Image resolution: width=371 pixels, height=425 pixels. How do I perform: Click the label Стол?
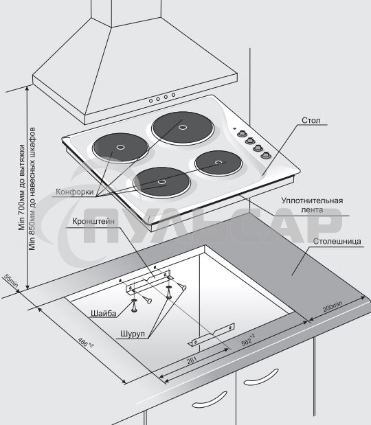pos(311,120)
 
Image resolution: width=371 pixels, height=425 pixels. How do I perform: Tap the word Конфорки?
pos(75,192)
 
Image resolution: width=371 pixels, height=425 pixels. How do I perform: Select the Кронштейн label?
pos(93,222)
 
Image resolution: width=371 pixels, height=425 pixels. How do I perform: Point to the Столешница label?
pos(337,241)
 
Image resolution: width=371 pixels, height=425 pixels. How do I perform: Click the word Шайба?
pos(103,314)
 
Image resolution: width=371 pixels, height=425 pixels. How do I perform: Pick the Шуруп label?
pos(133,334)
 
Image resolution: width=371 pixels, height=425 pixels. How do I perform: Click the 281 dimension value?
pos(192,360)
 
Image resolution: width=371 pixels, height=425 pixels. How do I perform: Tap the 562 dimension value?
pos(248,340)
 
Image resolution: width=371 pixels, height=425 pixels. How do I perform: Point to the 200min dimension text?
pos(333,306)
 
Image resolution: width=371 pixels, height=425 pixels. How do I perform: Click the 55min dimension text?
pos(11,281)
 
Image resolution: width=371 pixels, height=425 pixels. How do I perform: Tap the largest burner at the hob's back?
pos(183,128)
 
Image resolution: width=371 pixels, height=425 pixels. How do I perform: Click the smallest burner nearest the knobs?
pos(218,163)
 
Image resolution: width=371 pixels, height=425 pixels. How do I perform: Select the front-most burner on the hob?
pos(161,182)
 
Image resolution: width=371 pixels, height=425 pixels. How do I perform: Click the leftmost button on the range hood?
pos(150,101)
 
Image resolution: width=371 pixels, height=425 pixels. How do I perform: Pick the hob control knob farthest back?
pos(241,134)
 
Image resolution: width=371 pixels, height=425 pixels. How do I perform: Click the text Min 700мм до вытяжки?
pos(22,187)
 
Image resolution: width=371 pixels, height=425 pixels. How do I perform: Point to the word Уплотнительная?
pos(312,200)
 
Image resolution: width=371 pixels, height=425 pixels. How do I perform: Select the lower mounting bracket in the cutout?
pos(212,335)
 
